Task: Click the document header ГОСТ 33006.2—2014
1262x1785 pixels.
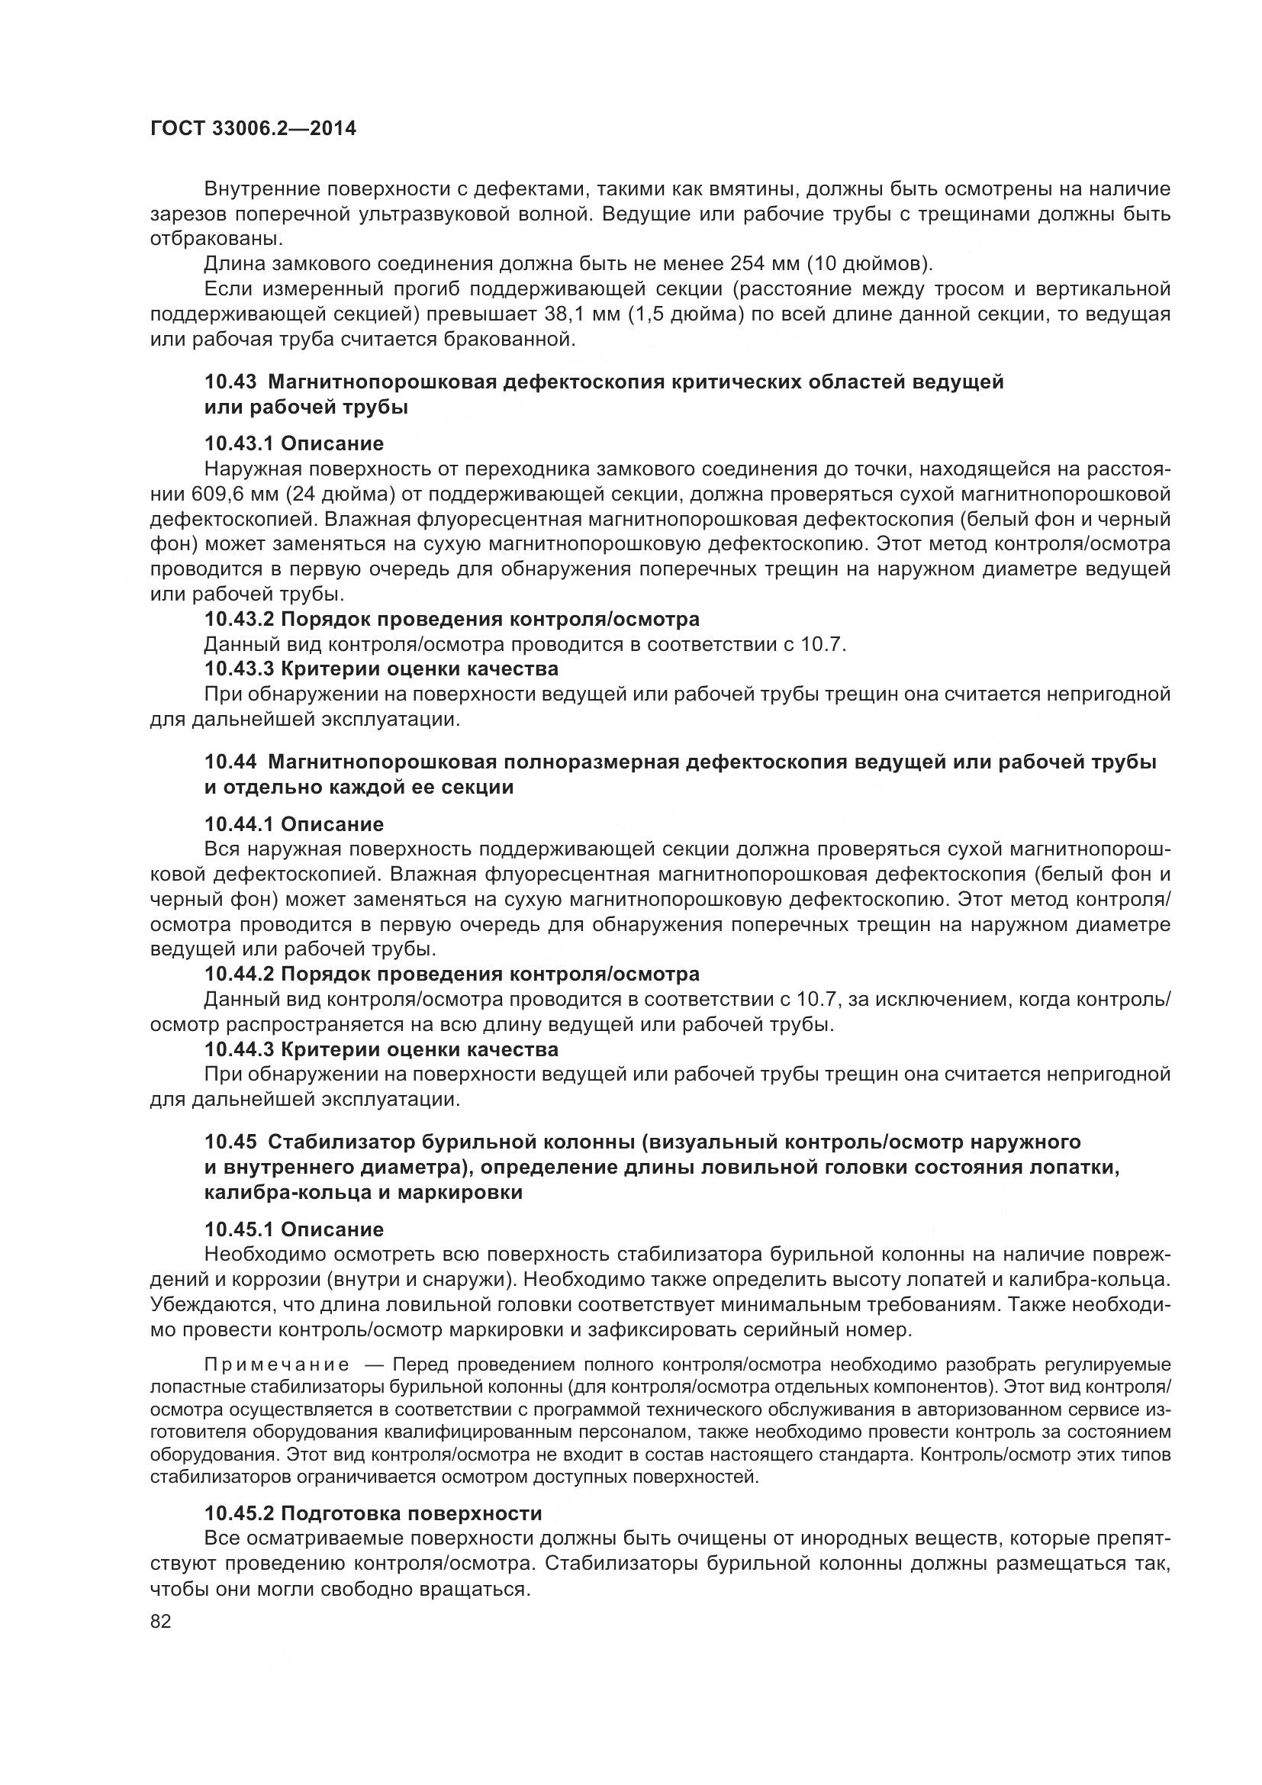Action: [x=253, y=128]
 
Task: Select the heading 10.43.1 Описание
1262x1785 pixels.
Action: [x=294, y=444]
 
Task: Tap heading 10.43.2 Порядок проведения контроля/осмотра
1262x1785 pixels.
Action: [x=452, y=619]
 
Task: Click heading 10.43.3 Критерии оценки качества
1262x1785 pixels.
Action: [x=381, y=669]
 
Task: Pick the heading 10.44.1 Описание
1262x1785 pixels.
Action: [x=294, y=824]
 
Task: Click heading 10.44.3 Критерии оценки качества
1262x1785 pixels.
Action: [x=381, y=1049]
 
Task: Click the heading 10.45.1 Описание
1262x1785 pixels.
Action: [x=294, y=1229]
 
